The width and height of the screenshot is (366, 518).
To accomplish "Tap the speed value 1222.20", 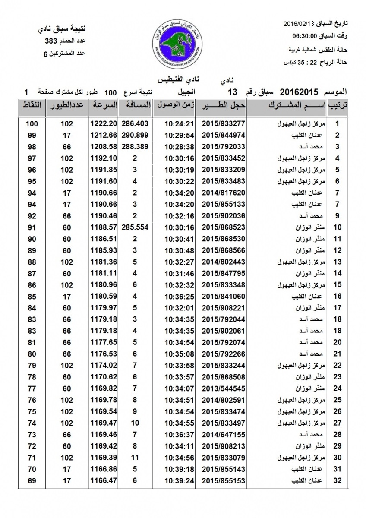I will [x=104, y=124].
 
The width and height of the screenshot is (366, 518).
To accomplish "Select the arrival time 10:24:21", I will [x=177, y=124].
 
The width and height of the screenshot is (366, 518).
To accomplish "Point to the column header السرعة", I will [x=104, y=105].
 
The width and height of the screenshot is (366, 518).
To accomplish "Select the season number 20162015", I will [x=299, y=92].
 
